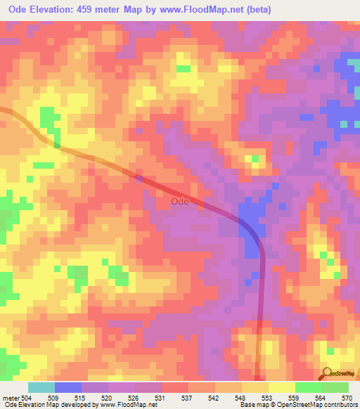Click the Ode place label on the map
[x=179, y=201]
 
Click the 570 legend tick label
[x=347, y=397]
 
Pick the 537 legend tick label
[x=187, y=397]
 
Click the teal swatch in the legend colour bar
[x=41, y=387]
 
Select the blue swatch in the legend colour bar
[x=68, y=387]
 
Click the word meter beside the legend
[x=10, y=397]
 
